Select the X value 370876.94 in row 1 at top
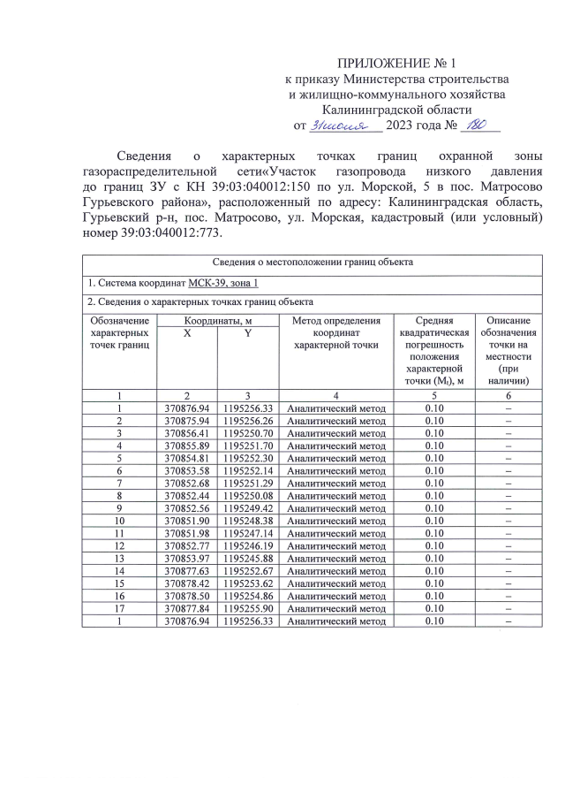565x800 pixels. [187, 408]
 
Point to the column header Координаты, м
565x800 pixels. [217, 320]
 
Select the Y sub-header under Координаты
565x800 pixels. [248, 333]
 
